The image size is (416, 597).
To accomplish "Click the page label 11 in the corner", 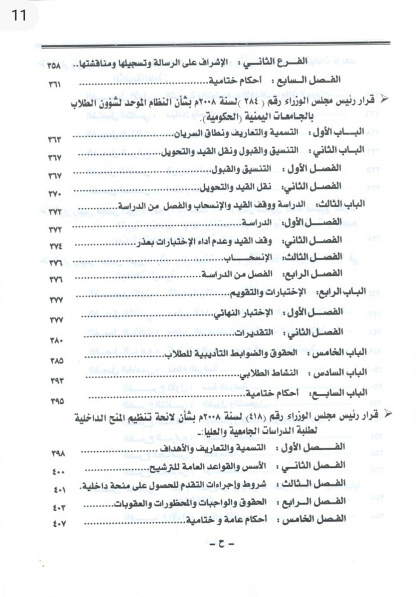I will pyautogui.click(x=18, y=15).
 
